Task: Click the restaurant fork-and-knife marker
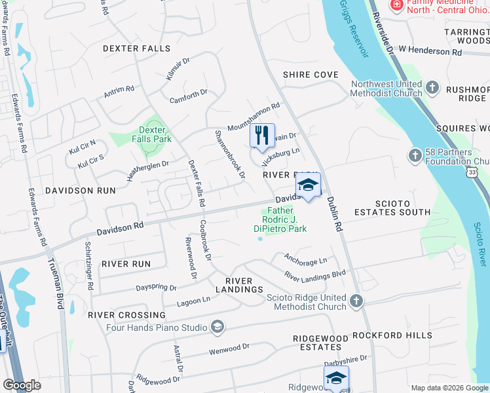[x=262, y=136]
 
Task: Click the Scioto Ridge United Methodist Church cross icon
[x=356, y=301]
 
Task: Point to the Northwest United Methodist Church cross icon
[x=432, y=88]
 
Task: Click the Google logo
[x=22, y=385]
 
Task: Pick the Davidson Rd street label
[x=120, y=228]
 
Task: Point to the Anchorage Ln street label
[x=305, y=259]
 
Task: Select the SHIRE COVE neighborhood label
[x=311, y=75]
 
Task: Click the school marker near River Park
[x=309, y=187]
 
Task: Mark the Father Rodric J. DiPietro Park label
[x=280, y=220]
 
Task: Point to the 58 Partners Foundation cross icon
[x=415, y=156]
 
